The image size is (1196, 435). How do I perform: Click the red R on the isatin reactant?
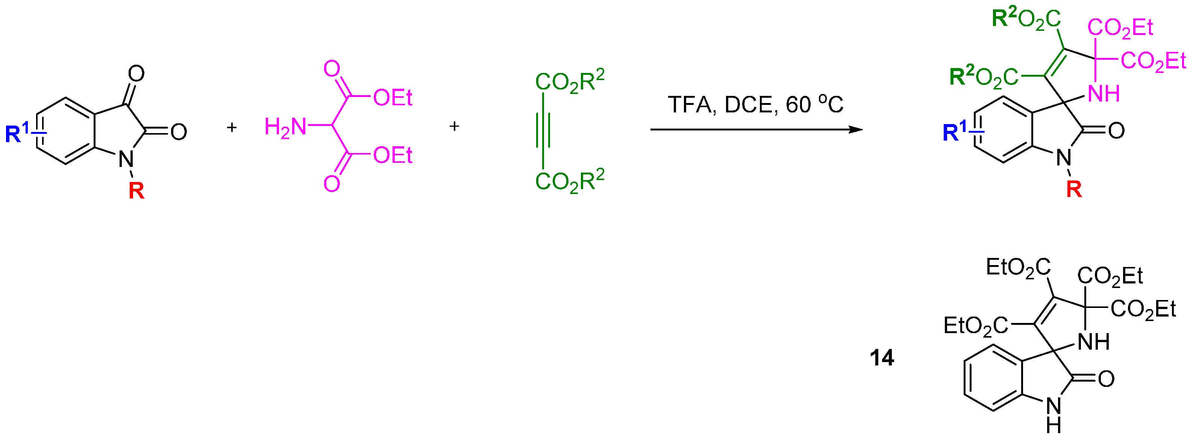pyautogui.click(x=136, y=190)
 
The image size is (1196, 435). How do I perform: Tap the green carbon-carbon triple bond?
pyautogui.click(x=543, y=130)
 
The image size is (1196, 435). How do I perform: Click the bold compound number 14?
pyautogui.click(x=882, y=358)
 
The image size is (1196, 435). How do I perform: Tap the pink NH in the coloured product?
pyautogui.click(x=1104, y=93)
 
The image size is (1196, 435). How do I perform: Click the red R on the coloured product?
pyautogui.click(x=1074, y=189)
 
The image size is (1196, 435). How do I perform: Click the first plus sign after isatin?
pyautogui.click(x=232, y=127)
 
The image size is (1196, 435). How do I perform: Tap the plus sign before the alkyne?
pyautogui.click(x=455, y=126)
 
